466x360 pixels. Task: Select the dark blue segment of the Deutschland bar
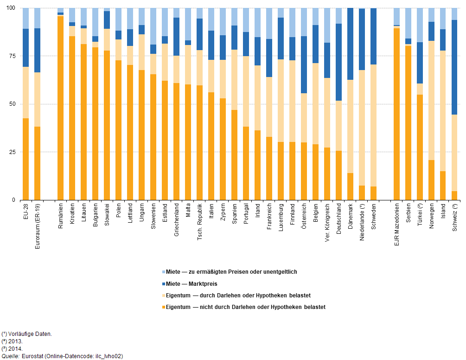(x=338, y=62)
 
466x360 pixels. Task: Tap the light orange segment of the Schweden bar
(x=373, y=125)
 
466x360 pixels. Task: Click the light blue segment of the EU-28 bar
(x=26, y=19)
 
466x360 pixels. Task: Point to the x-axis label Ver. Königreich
(x=327, y=224)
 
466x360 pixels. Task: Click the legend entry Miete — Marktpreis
(x=192, y=283)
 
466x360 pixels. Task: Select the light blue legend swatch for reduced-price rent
(x=163, y=272)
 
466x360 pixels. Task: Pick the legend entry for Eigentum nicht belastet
(x=245, y=307)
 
